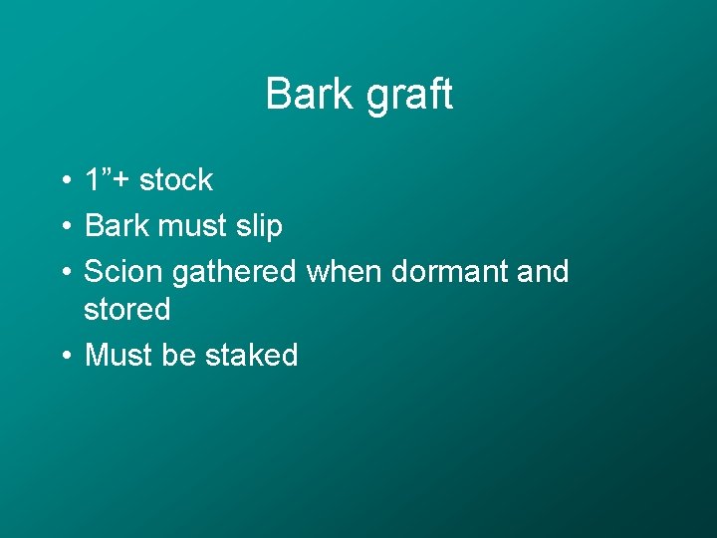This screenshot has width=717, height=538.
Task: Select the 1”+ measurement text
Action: pyautogui.click(x=108, y=180)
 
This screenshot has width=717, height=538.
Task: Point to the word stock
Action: pyautogui.click(x=176, y=180)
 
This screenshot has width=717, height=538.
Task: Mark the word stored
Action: pyautogui.click(x=127, y=310)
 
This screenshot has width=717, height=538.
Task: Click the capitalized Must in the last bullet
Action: pyautogui.click(x=119, y=355)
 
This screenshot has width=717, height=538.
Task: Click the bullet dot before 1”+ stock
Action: pyautogui.click(x=63, y=181)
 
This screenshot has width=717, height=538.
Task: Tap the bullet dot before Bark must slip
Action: pyautogui.click(x=63, y=227)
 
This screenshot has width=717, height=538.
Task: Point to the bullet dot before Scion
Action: pyautogui.click(x=63, y=272)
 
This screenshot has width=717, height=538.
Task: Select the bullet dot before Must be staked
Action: pyautogui.click(x=63, y=356)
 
